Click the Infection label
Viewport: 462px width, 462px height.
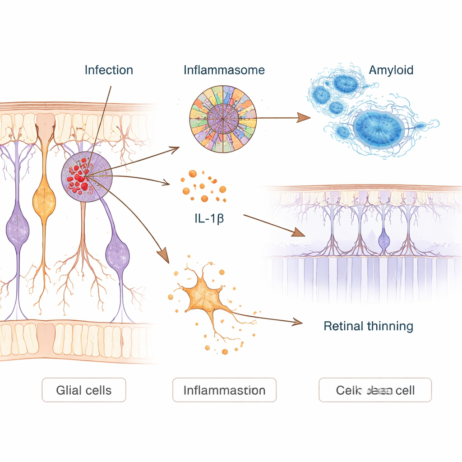(109, 70)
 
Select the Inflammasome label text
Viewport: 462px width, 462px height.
(224, 70)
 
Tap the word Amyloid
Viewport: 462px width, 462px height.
(391, 70)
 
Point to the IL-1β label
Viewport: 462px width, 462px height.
(209, 220)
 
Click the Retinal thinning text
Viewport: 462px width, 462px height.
(368, 325)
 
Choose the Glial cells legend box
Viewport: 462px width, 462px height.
(84, 390)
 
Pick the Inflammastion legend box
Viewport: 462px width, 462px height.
(224, 390)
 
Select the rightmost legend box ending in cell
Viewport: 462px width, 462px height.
(375, 390)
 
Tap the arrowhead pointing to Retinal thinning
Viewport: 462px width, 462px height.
(298, 322)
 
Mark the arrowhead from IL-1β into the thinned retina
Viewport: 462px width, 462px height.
(299, 233)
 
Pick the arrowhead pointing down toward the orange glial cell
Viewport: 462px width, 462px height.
(164, 258)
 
